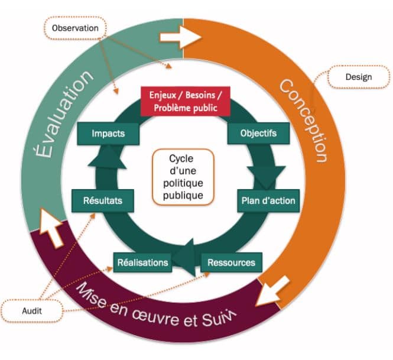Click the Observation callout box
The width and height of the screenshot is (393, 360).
coord(74,27)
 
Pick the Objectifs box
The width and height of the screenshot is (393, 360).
coord(258,133)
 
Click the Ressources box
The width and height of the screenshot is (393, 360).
coord(231,261)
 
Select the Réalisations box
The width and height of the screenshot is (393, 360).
coord(142,262)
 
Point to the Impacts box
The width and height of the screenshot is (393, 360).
coord(108,133)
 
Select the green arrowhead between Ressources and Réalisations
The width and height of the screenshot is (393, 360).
coord(187,255)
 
